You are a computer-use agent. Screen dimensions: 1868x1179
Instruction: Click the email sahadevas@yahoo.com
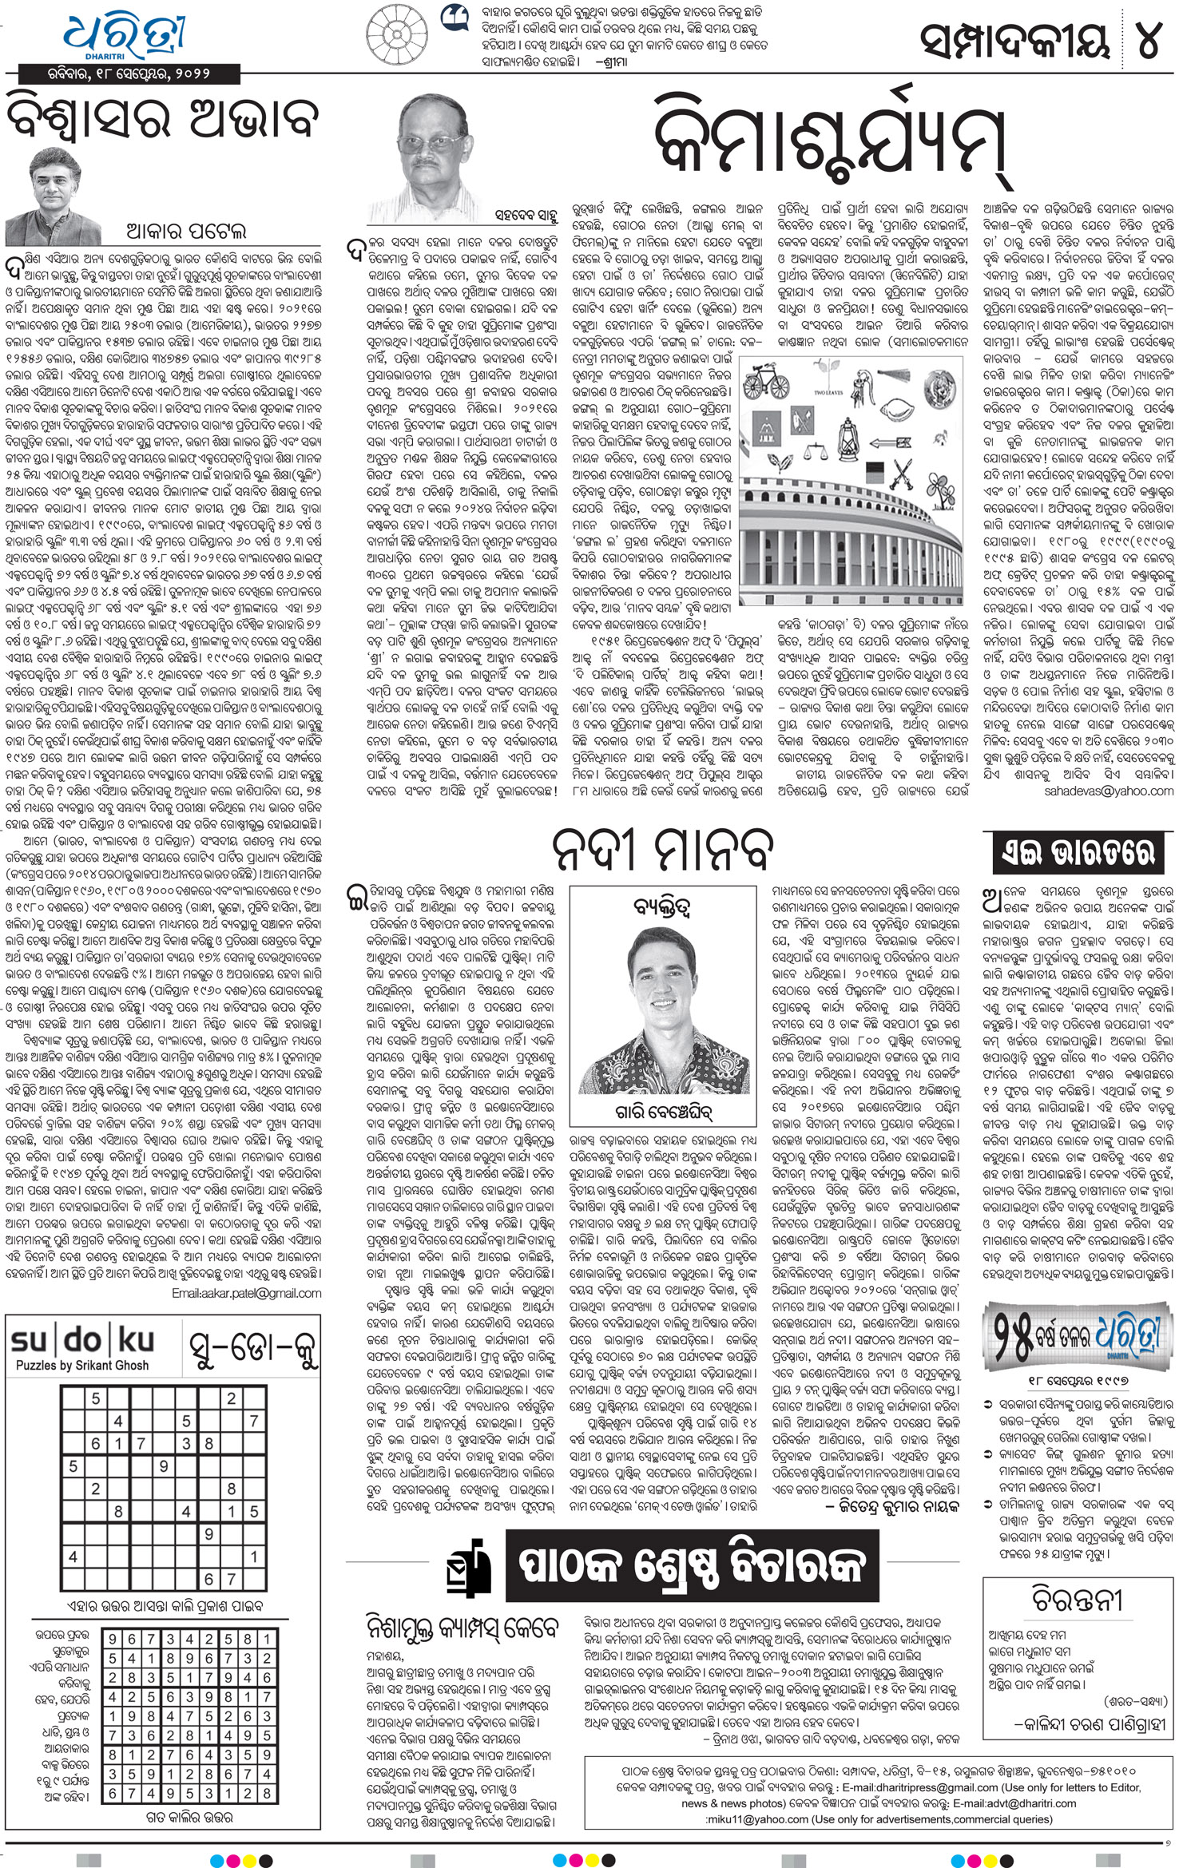tap(1109, 791)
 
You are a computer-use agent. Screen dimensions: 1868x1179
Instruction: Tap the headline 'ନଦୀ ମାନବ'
tap(663, 849)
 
